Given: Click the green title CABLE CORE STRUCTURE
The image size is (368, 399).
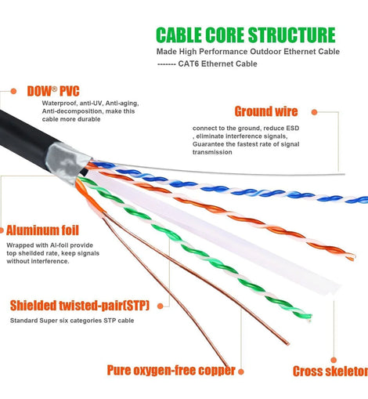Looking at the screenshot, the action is (x=246, y=34).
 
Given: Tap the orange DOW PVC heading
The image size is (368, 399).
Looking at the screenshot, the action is (x=53, y=91).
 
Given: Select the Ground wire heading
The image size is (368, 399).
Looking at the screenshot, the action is (x=266, y=111).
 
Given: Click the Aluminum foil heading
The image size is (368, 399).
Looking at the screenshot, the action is (x=42, y=230).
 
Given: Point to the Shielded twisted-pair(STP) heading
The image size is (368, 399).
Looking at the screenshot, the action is (x=80, y=306).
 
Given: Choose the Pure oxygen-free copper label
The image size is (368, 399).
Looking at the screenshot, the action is (x=171, y=371).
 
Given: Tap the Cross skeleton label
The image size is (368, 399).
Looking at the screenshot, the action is (x=330, y=372).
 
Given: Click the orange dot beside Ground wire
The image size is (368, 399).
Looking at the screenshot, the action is (x=314, y=112).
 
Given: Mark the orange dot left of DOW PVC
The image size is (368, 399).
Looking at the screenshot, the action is (x=13, y=91).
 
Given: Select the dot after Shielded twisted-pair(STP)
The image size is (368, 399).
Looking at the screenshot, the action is (x=161, y=307).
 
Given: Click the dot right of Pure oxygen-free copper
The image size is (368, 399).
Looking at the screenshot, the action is (x=241, y=372).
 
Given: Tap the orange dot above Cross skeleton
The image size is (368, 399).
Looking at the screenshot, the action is (x=334, y=360).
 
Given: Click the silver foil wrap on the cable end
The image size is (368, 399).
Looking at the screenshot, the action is (x=67, y=162).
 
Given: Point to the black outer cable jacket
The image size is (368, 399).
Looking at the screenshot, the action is (x=25, y=139).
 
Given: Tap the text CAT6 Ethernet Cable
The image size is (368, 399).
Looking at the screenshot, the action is (x=218, y=63).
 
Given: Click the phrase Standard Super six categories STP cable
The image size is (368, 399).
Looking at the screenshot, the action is (x=72, y=321).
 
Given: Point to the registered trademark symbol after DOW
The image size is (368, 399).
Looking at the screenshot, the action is (x=54, y=89).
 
